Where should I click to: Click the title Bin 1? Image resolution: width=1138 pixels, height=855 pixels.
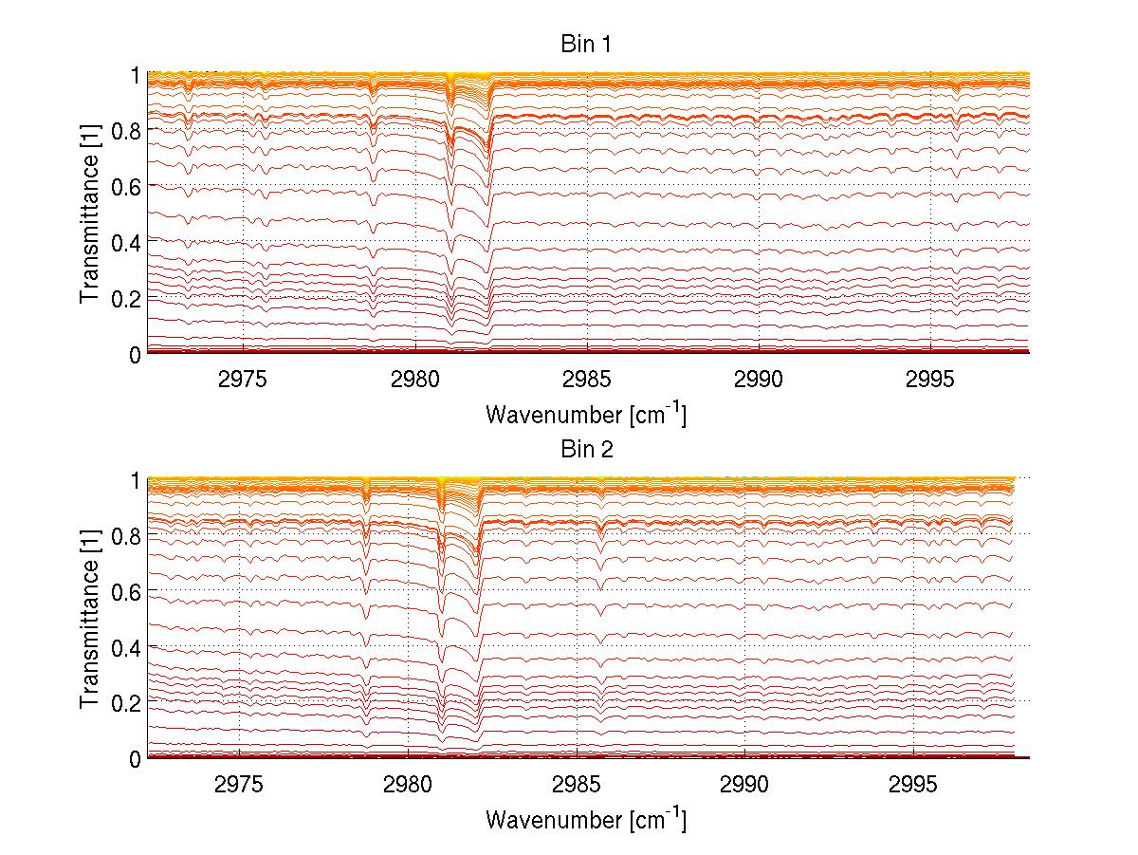click(587, 44)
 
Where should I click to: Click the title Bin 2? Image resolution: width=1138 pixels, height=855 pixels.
click(587, 449)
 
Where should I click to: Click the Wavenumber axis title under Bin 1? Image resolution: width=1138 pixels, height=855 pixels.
click(586, 414)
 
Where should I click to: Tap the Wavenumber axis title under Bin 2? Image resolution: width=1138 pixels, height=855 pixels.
click(586, 818)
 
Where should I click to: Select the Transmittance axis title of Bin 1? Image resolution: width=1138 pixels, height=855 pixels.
click(90, 214)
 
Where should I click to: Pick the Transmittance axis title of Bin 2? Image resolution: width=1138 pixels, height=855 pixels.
click(90, 619)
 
